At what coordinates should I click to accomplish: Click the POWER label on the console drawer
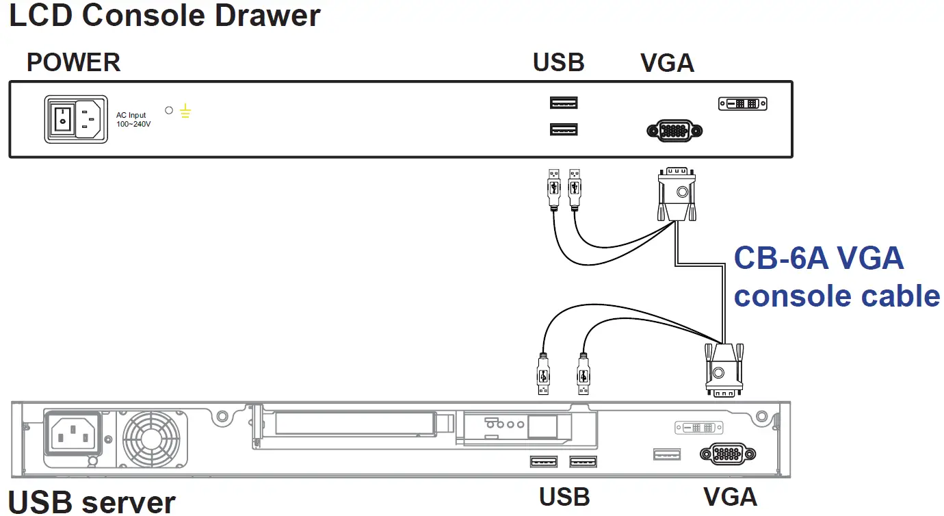click(x=73, y=62)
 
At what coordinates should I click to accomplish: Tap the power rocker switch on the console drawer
click(x=62, y=119)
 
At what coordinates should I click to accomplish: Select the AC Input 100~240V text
click(x=133, y=120)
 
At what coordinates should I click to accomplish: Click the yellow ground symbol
click(x=185, y=111)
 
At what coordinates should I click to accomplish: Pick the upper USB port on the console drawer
click(x=564, y=103)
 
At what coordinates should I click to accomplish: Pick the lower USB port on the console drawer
click(x=564, y=129)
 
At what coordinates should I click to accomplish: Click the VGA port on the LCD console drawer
click(x=674, y=131)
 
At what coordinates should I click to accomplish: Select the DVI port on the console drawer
click(x=742, y=104)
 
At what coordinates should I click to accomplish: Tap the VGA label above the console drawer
click(x=667, y=63)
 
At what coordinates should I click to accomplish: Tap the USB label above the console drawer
click(x=558, y=62)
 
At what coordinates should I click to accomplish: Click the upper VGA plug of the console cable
click(x=677, y=195)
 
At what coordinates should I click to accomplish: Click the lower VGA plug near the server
click(x=724, y=370)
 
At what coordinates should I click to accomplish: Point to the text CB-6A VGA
click(x=818, y=259)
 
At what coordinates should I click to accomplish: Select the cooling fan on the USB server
click(x=151, y=439)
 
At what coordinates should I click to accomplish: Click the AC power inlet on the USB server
click(x=72, y=433)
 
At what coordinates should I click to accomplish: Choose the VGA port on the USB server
click(x=728, y=454)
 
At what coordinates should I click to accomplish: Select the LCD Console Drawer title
click(x=164, y=16)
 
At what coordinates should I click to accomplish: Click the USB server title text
click(x=92, y=502)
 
